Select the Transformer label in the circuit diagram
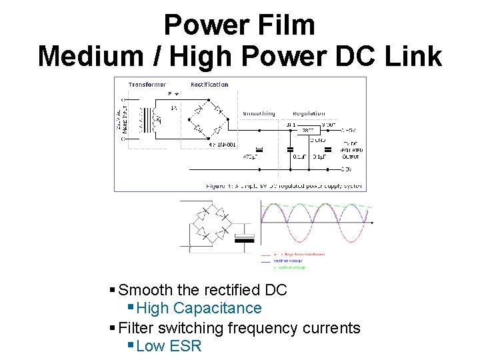tap(147, 85)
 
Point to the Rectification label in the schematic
tap(209, 85)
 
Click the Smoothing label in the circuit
tap(259, 113)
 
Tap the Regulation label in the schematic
tap(309, 113)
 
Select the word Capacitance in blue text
tap(217, 308)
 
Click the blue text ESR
tap(185, 346)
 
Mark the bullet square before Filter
tap(113, 327)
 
